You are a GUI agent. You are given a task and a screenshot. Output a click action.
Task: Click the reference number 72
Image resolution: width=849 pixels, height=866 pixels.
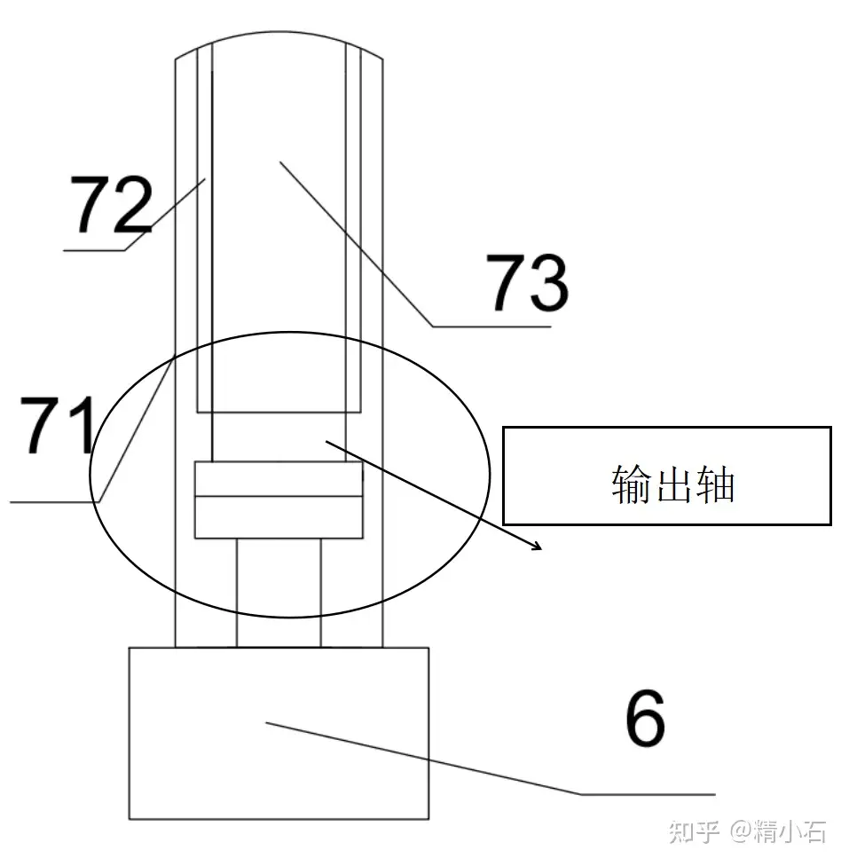tap(112, 205)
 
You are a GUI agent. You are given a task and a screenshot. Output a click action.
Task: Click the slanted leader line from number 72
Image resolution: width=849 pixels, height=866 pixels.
tap(169, 213)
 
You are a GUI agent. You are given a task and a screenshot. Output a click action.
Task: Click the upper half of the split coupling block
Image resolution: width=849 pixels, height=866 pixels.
tap(279, 479)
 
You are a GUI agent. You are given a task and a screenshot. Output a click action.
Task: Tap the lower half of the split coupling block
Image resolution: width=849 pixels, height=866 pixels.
tap(279, 517)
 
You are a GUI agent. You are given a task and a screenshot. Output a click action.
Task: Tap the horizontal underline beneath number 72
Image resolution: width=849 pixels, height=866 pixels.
tap(94, 251)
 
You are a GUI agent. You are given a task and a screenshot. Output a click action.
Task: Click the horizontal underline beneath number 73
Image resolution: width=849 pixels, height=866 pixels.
tap(492, 327)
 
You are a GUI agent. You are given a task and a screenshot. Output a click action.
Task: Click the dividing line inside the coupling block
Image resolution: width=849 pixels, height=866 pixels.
tap(279, 497)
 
